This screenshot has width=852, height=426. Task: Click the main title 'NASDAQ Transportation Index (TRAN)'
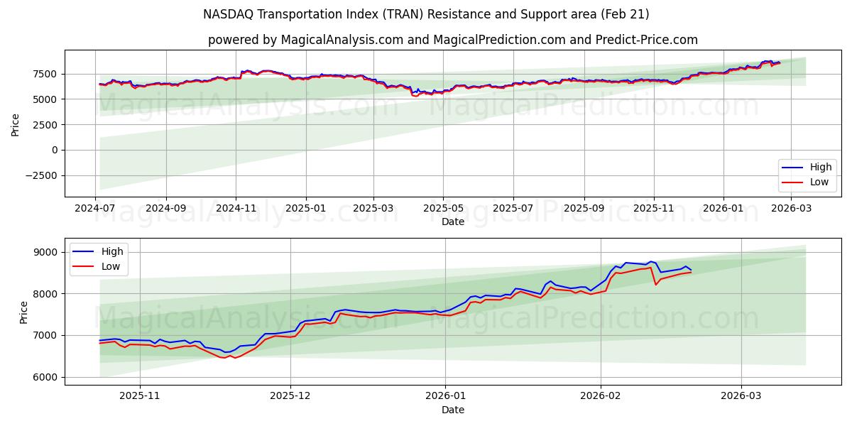[426, 14]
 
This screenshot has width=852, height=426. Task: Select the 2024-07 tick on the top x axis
[96, 209]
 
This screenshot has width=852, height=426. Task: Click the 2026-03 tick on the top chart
[792, 209]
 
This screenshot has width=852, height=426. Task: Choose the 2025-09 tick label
[584, 209]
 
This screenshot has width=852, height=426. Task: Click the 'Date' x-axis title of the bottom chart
[452, 410]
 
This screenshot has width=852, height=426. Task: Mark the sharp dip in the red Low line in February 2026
[655, 285]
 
